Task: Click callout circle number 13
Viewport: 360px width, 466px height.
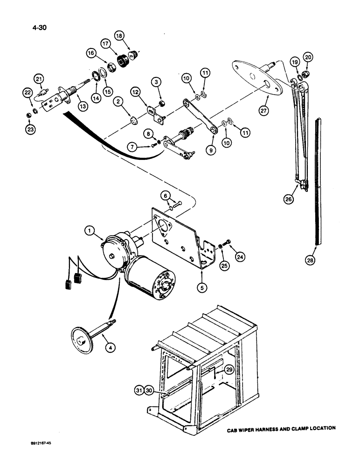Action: tap(83, 107)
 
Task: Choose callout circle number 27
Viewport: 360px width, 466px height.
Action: tap(265, 110)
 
